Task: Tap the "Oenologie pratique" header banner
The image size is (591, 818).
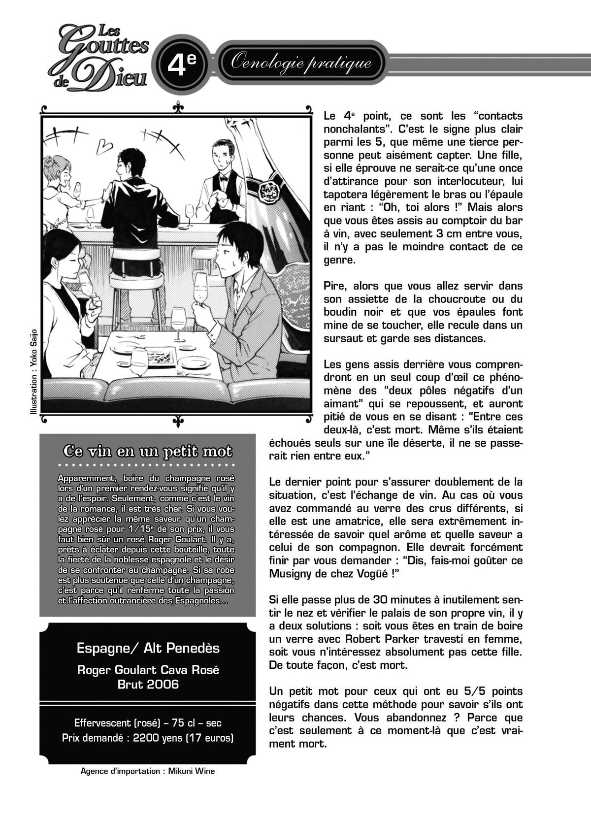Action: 301,63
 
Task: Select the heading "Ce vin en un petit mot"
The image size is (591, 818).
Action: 147,451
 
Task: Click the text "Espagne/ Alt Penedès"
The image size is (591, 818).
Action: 148,648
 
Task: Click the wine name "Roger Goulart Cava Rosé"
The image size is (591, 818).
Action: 148,670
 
